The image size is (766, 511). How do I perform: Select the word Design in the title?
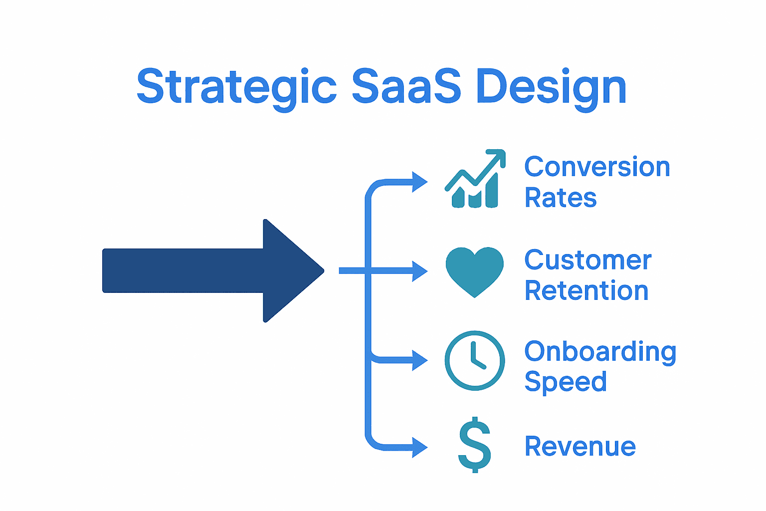551,87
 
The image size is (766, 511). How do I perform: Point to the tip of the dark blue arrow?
322,271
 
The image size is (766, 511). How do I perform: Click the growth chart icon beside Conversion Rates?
475,180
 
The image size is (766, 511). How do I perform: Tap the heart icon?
475,270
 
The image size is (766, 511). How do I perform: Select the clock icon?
475,360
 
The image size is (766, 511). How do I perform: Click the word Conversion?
597,167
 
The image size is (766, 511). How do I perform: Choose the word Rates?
561,198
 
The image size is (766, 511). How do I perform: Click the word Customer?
588,260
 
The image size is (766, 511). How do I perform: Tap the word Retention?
586,290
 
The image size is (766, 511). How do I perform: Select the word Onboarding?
600,352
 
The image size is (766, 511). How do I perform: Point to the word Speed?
566,382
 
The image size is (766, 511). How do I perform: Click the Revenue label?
580,446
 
